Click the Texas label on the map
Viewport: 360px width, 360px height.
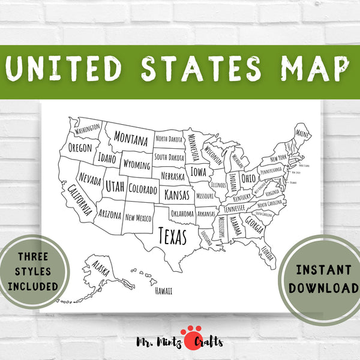tap(172, 236)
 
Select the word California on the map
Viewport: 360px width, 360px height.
tap(80, 200)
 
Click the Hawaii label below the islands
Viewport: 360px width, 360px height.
tap(163, 291)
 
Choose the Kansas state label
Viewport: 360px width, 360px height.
tap(176, 195)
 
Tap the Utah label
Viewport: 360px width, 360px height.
tap(115, 187)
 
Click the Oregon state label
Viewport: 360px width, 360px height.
tap(80, 148)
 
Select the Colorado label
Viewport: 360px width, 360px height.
tap(143, 190)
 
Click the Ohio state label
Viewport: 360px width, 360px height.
tap(248, 178)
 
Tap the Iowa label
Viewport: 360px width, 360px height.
tap(199, 172)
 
